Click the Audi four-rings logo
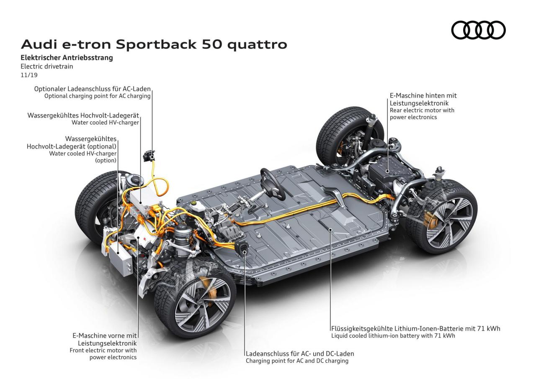[x=478, y=31]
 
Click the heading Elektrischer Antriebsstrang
[x=67, y=58]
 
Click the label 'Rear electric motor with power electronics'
[x=422, y=114]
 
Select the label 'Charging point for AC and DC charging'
[x=297, y=361]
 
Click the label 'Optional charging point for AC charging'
[x=97, y=96]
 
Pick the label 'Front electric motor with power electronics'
[x=103, y=354]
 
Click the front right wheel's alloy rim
[x=201, y=303]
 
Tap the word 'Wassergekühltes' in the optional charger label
[x=91, y=138]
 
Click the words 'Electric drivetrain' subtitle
[x=44, y=66]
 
